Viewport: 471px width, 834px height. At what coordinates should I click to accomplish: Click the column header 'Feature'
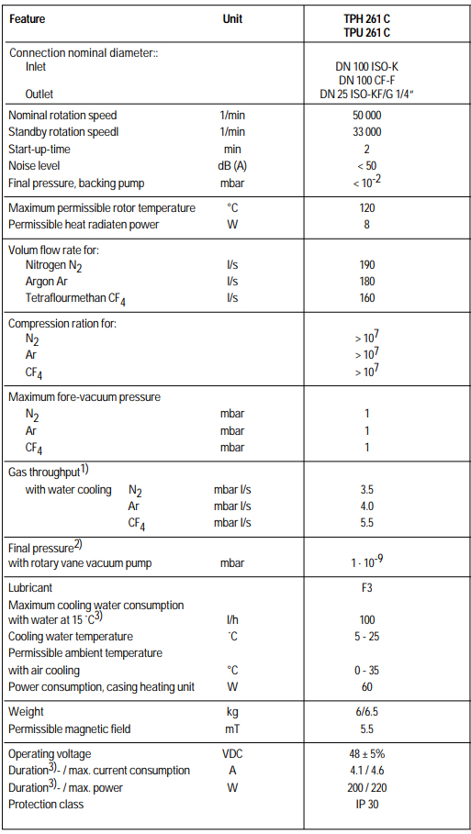click(27, 18)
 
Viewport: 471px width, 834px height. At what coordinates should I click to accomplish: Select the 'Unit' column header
click(232, 18)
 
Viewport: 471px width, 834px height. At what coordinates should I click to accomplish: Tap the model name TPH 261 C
click(366, 18)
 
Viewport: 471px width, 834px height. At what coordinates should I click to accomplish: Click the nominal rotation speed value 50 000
click(366, 116)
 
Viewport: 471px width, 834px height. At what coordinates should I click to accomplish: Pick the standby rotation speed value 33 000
click(366, 132)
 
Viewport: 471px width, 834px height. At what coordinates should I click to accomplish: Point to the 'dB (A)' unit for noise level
click(232, 165)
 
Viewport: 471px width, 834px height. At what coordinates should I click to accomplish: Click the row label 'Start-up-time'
click(39, 149)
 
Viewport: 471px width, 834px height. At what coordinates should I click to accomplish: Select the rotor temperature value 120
click(366, 208)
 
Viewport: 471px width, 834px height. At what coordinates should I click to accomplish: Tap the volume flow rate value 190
click(366, 265)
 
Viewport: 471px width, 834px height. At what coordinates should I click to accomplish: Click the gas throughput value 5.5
click(366, 523)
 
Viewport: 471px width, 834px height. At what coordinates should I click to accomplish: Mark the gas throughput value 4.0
click(366, 506)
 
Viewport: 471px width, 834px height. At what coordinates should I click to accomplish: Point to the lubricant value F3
click(366, 587)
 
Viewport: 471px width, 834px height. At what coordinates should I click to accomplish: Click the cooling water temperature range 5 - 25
click(366, 637)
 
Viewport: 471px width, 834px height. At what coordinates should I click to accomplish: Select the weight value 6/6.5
click(366, 712)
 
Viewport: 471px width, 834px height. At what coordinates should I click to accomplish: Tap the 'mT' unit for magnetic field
click(232, 729)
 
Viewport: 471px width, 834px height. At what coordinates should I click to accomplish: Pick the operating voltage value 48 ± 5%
click(366, 754)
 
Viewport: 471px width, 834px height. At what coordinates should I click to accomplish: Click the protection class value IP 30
click(366, 805)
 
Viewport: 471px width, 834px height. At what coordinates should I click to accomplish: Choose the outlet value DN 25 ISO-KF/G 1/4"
click(366, 94)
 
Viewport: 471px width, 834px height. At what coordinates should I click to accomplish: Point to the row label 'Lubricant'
click(30, 587)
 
